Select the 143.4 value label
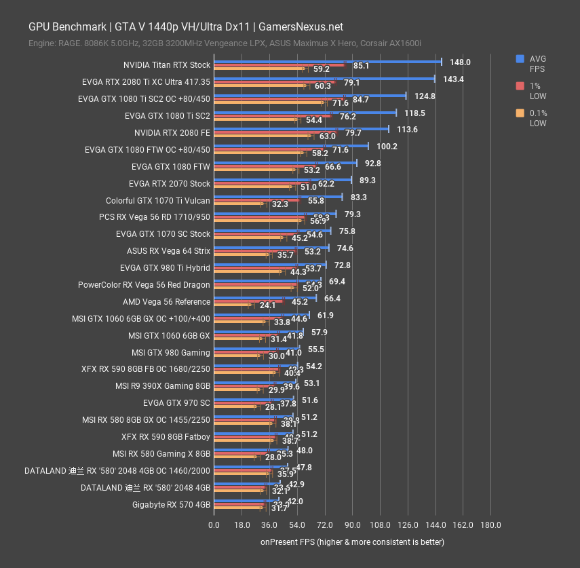coord(453,79)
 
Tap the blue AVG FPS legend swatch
coord(520,58)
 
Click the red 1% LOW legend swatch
coord(520,86)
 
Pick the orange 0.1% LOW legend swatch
coord(520,113)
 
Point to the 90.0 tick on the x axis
coord(352,525)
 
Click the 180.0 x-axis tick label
coord(490,525)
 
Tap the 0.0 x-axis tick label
coord(214,525)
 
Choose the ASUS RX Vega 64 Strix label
coord(168,251)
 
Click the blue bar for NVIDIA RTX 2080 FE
coord(301,128)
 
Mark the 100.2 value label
coord(388,147)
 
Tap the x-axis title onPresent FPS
coord(352,542)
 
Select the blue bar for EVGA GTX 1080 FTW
coord(285,162)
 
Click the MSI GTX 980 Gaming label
coord(171,352)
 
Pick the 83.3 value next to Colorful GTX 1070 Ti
coord(359,197)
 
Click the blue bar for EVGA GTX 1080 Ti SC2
coord(305,112)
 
